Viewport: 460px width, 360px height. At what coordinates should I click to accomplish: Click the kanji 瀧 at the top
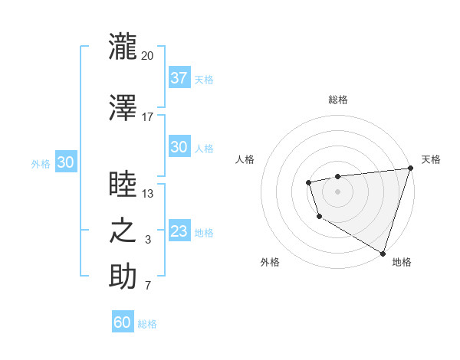[x=123, y=45]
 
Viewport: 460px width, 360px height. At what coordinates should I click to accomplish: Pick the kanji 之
[x=123, y=231]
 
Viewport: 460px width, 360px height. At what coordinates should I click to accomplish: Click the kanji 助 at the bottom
[x=123, y=277]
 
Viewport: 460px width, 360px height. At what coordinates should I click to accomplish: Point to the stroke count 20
[x=148, y=55]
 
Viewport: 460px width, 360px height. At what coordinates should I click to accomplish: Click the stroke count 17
[x=148, y=117]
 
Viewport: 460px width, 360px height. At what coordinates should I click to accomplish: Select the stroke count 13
[x=148, y=194]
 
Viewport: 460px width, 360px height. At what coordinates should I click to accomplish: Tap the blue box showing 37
[x=179, y=77]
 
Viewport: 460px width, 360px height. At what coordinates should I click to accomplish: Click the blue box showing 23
[x=179, y=231]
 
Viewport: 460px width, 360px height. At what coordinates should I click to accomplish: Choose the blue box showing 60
[x=123, y=322]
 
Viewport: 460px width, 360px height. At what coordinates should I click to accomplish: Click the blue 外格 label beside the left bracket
[x=41, y=163]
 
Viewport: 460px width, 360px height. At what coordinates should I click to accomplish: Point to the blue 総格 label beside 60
[x=147, y=324]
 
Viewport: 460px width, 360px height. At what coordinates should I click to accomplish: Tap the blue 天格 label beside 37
[x=204, y=79]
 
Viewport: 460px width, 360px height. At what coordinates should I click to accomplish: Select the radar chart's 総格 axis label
[x=337, y=100]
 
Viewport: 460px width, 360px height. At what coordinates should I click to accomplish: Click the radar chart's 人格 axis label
[x=245, y=159]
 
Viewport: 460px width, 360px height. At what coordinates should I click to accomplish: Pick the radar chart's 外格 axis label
[x=270, y=262]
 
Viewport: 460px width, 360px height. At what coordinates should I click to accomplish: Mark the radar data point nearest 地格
[x=383, y=252]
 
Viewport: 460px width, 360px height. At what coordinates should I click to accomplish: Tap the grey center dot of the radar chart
[x=337, y=191]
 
